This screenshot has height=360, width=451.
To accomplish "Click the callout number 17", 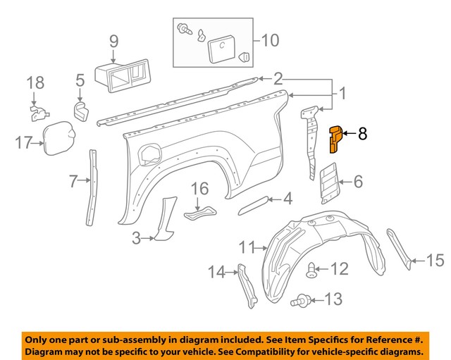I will click(24, 144).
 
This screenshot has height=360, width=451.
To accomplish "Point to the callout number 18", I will click(35, 83).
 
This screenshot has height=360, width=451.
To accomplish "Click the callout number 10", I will click(270, 39).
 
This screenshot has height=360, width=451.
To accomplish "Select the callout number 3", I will click(137, 239).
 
